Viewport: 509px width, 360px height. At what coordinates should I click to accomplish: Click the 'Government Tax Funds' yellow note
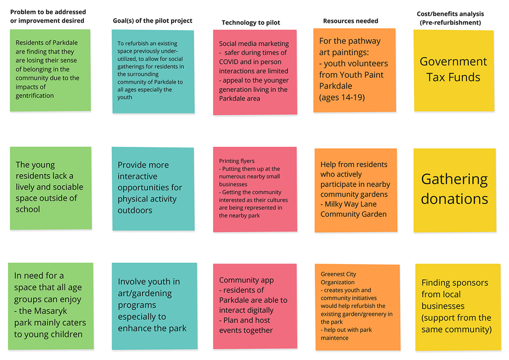(x=454, y=71)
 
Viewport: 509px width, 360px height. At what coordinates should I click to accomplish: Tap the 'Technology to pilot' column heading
(x=251, y=22)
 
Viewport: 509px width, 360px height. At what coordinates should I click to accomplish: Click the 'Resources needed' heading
(x=351, y=21)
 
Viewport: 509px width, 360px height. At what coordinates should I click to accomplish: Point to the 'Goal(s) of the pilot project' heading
(x=153, y=21)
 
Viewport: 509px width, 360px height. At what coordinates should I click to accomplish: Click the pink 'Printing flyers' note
(x=255, y=189)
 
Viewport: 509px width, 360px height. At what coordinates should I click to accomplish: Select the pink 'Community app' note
(x=255, y=306)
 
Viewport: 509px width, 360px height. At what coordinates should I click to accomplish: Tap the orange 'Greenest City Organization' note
(x=357, y=307)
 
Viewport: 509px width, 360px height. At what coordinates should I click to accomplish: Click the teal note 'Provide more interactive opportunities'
(x=153, y=188)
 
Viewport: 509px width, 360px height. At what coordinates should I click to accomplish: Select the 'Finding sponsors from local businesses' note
(x=457, y=307)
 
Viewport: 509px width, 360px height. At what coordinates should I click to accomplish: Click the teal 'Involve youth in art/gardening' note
(x=154, y=306)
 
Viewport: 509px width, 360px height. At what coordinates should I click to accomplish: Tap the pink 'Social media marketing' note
(x=255, y=72)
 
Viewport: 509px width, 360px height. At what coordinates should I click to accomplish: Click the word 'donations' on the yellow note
(x=454, y=199)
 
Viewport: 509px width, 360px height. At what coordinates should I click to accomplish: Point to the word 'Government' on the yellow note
(x=453, y=62)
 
